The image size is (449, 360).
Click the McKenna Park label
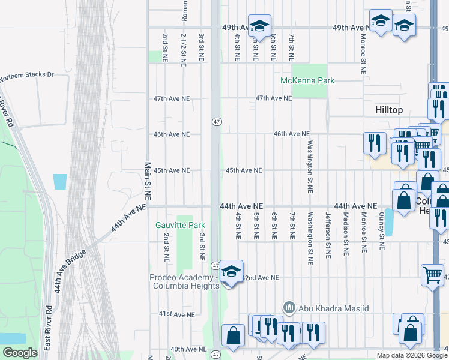[307, 80]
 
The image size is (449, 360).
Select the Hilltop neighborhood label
[388, 110]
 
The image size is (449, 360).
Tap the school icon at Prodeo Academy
[231, 272]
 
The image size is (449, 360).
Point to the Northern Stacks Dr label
[27, 76]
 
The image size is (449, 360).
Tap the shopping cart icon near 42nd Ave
[432, 275]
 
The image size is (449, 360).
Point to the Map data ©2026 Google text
[412, 355]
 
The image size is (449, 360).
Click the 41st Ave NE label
[177, 314]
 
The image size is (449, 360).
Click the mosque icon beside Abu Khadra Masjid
[289, 307]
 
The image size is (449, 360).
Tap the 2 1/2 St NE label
[182, 49]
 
